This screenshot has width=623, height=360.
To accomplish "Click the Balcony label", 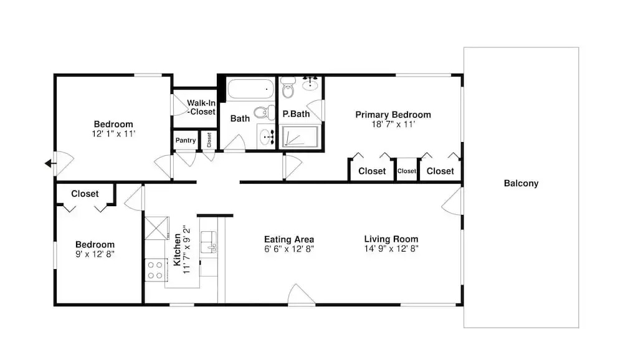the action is (x=521, y=183).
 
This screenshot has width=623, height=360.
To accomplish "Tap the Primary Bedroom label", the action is (x=393, y=115).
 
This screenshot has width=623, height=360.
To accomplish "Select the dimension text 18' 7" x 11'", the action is (x=393, y=125).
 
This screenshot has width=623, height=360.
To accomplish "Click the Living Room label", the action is (x=391, y=239).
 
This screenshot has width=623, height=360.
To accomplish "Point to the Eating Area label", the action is (x=289, y=239).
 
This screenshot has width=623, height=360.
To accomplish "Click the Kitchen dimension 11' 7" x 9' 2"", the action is (x=187, y=250).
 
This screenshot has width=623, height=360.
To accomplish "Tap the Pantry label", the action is (x=186, y=140).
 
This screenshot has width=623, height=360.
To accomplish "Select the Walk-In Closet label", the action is (x=201, y=107).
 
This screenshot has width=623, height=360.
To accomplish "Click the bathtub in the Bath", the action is (x=250, y=88).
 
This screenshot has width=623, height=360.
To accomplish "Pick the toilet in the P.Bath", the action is (x=288, y=87).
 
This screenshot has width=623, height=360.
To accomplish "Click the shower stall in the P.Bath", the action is (x=300, y=136).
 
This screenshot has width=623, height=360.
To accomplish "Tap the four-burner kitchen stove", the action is (x=155, y=270).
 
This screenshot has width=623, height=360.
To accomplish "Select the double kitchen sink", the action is (x=209, y=242).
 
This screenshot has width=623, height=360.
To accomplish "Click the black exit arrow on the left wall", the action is (x=50, y=163).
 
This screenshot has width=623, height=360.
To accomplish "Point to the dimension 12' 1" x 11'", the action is (x=113, y=134).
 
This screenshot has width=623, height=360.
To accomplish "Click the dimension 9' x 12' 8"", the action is (x=95, y=254).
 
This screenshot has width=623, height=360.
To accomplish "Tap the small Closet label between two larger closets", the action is (x=406, y=171).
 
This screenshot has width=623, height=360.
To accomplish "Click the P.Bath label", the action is (x=296, y=114).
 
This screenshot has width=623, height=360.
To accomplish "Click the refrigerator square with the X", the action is (x=156, y=228).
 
